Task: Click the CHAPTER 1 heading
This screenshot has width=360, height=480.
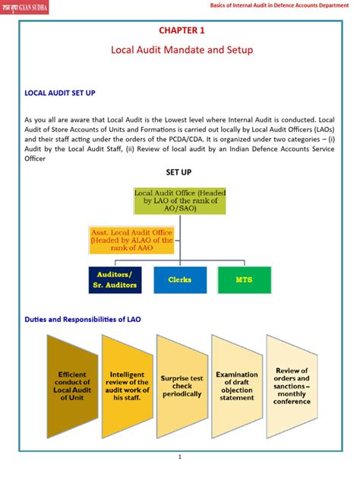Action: click(x=181, y=31)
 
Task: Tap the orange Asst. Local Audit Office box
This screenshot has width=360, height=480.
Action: click(x=131, y=238)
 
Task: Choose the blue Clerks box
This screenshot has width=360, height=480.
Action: click(x=179, y=279)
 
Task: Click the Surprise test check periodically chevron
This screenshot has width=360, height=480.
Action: click(x=181, y=385)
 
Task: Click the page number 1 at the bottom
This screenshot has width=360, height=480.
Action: click(x=180, y=457)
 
